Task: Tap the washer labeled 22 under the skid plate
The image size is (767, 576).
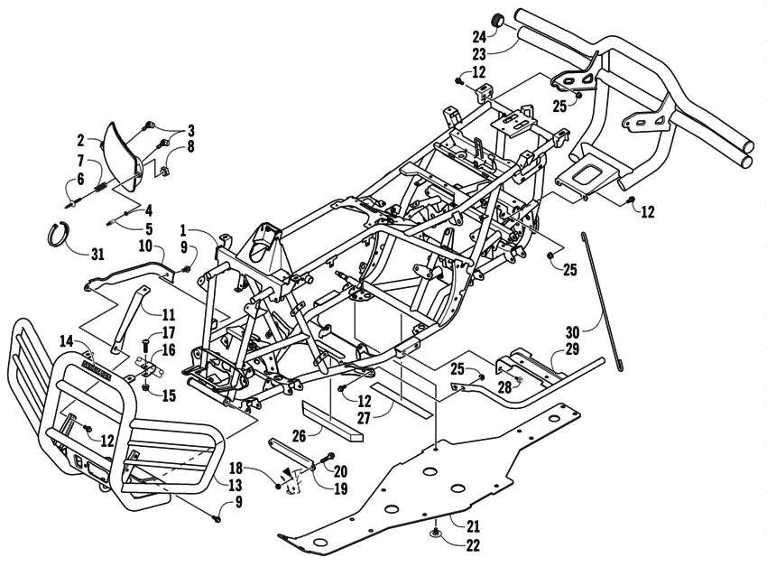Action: point(436,532)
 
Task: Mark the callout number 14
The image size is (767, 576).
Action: point(66,340)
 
